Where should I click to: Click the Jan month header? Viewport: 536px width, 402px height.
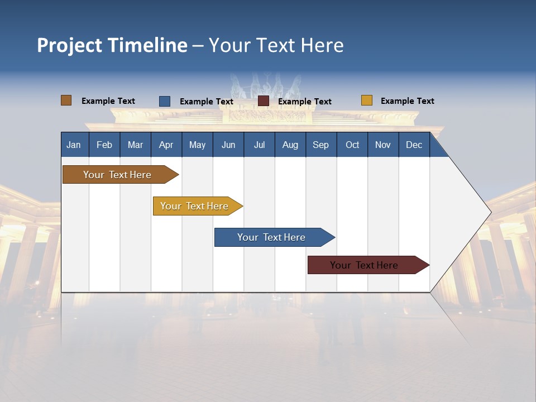pyautogui.click(x=74, y=145)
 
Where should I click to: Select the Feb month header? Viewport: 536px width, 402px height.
pyautogui.click(x=104, y=145)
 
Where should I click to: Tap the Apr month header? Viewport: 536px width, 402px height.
pyautogui.click(x=166, y=145)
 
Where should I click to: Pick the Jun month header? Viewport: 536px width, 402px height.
pyautogui.click(x=228, y=145)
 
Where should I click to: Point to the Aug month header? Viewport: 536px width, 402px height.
pyautogui.click(x=290, y=145)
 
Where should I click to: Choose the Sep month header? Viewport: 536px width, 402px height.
pyautogui.click(x=320, y=145)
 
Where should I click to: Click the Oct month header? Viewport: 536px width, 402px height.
pyautogui.click(x=352, y=145)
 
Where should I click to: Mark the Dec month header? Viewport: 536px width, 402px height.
pyautogui.click(x=414, y=145)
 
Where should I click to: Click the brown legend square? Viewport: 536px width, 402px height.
pyautogui.click(x=66, y=100)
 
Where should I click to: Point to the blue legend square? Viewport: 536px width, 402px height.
pyautogui.click(x=165, y=101)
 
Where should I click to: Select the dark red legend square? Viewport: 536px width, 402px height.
pyautogui.click(x=264, y=101)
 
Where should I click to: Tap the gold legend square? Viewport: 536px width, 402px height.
pyautogui.click(x=367, y=100)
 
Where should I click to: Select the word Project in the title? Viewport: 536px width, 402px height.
pyautogui.click(x=70, y=45)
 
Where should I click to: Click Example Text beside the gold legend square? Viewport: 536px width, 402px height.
pyautogui.click(x=407, y=101)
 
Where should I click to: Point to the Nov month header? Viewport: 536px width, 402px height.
pyautogui.click(x=383, y=145)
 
